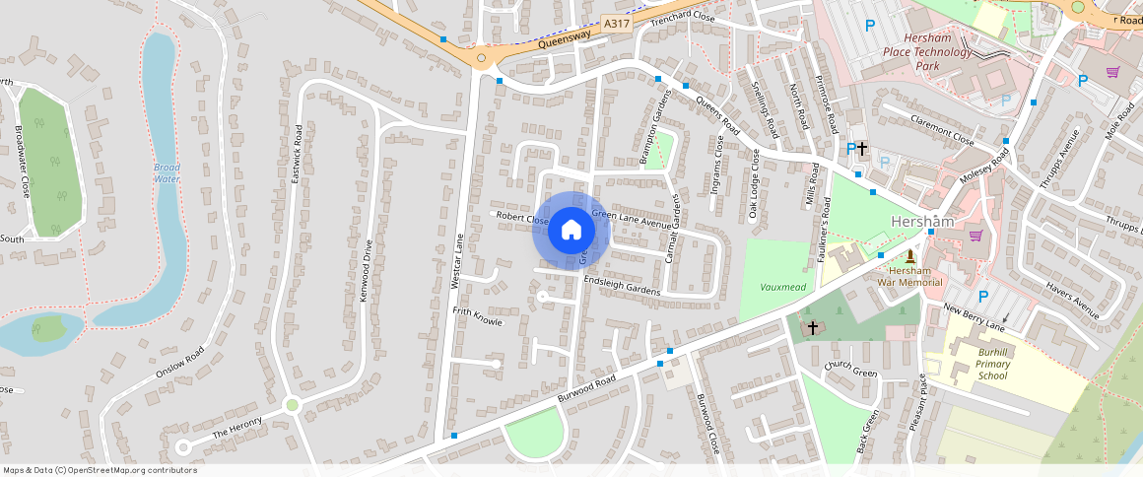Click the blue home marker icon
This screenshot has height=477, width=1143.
pyautogui.click(x=571, y=231)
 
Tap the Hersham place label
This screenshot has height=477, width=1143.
pyautogui.click(x=922, y=222)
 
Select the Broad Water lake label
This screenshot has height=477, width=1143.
pyautogui.click(x=168, y=173)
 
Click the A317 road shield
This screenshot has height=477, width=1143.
pyautogui.click(x=616, y=24)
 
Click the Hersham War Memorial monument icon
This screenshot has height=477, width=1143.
pyautogui.click(x=909, y=256)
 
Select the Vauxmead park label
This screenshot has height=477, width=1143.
pyautogui.click(x=783, y=287)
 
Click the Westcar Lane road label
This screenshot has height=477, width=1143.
pyautogui.click(x=456, y=260)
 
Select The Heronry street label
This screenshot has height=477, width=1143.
pyautogui.click(x=237, y=428)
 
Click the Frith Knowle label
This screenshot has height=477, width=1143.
pyautogui.click(x=477, y=315)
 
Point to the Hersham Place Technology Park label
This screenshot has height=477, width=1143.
pyautogui.click(x=927, y=51)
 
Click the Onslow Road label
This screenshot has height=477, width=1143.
pyautogui.click(x=179, y=362)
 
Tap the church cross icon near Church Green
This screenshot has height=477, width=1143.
pyautogui.click(x=813, y=326)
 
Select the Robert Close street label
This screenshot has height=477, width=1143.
pyautogui.click(x=522, y=218)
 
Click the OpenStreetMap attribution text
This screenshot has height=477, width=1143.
pyautogui.click(x=101, y=470)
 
